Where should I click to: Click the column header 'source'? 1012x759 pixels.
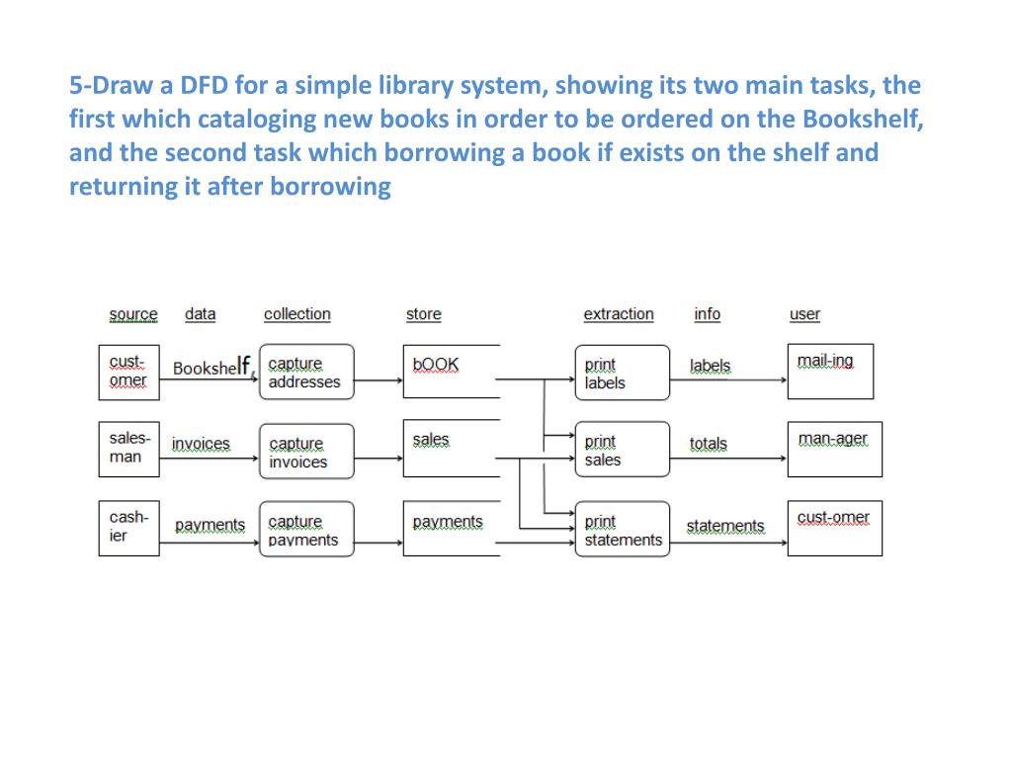pos(133,314)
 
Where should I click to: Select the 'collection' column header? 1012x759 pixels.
pos(296,314)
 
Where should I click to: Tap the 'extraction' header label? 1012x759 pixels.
pos(619,314)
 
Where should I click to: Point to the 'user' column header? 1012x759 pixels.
pos(804,314)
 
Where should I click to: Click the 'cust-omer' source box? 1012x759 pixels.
pos(128,372)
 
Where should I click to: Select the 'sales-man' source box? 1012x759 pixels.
pos(128,450)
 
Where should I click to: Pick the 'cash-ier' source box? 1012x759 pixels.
pos(128,529)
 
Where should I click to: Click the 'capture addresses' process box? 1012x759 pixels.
pos(306,372)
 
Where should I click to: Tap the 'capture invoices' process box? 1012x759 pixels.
pos(306,452)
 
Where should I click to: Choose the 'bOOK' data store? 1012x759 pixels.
pos(451,372)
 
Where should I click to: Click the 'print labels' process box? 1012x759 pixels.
pos(622,373)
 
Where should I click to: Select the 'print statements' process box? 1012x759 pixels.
pos(622,530)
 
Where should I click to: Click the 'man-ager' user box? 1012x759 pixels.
pos(834,450)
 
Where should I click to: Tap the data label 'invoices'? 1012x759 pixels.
pos(201,445)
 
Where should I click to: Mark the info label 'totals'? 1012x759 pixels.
pos(708,445)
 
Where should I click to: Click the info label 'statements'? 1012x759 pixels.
pos(725,526)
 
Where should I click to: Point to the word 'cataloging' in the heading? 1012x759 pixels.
pos(258,120)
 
